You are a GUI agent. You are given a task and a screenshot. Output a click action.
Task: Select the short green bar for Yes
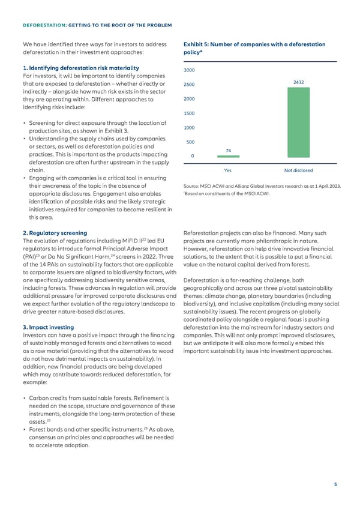point(228,156)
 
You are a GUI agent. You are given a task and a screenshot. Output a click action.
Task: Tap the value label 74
point(229,151)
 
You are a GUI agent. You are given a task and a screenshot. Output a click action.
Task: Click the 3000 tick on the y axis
point(188,70)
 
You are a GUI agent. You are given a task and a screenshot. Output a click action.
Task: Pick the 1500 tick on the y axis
point(188,113)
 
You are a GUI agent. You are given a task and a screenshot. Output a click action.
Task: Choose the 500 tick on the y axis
point(190,142)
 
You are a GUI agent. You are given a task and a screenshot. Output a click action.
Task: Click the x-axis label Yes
point(228,170)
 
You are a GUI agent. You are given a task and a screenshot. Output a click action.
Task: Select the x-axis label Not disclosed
point(298,170)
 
